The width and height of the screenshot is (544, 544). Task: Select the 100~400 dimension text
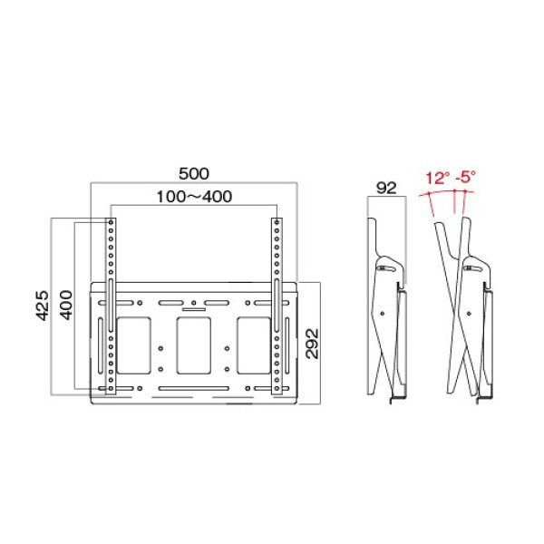(x=194, y=196)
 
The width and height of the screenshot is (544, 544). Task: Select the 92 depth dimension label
(x=387, y=189)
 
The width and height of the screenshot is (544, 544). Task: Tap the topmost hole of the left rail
(x=110, y=223)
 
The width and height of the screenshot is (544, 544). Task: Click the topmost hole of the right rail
(x=276, y=223)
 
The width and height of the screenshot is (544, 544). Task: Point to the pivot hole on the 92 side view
(x=388, y=313)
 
